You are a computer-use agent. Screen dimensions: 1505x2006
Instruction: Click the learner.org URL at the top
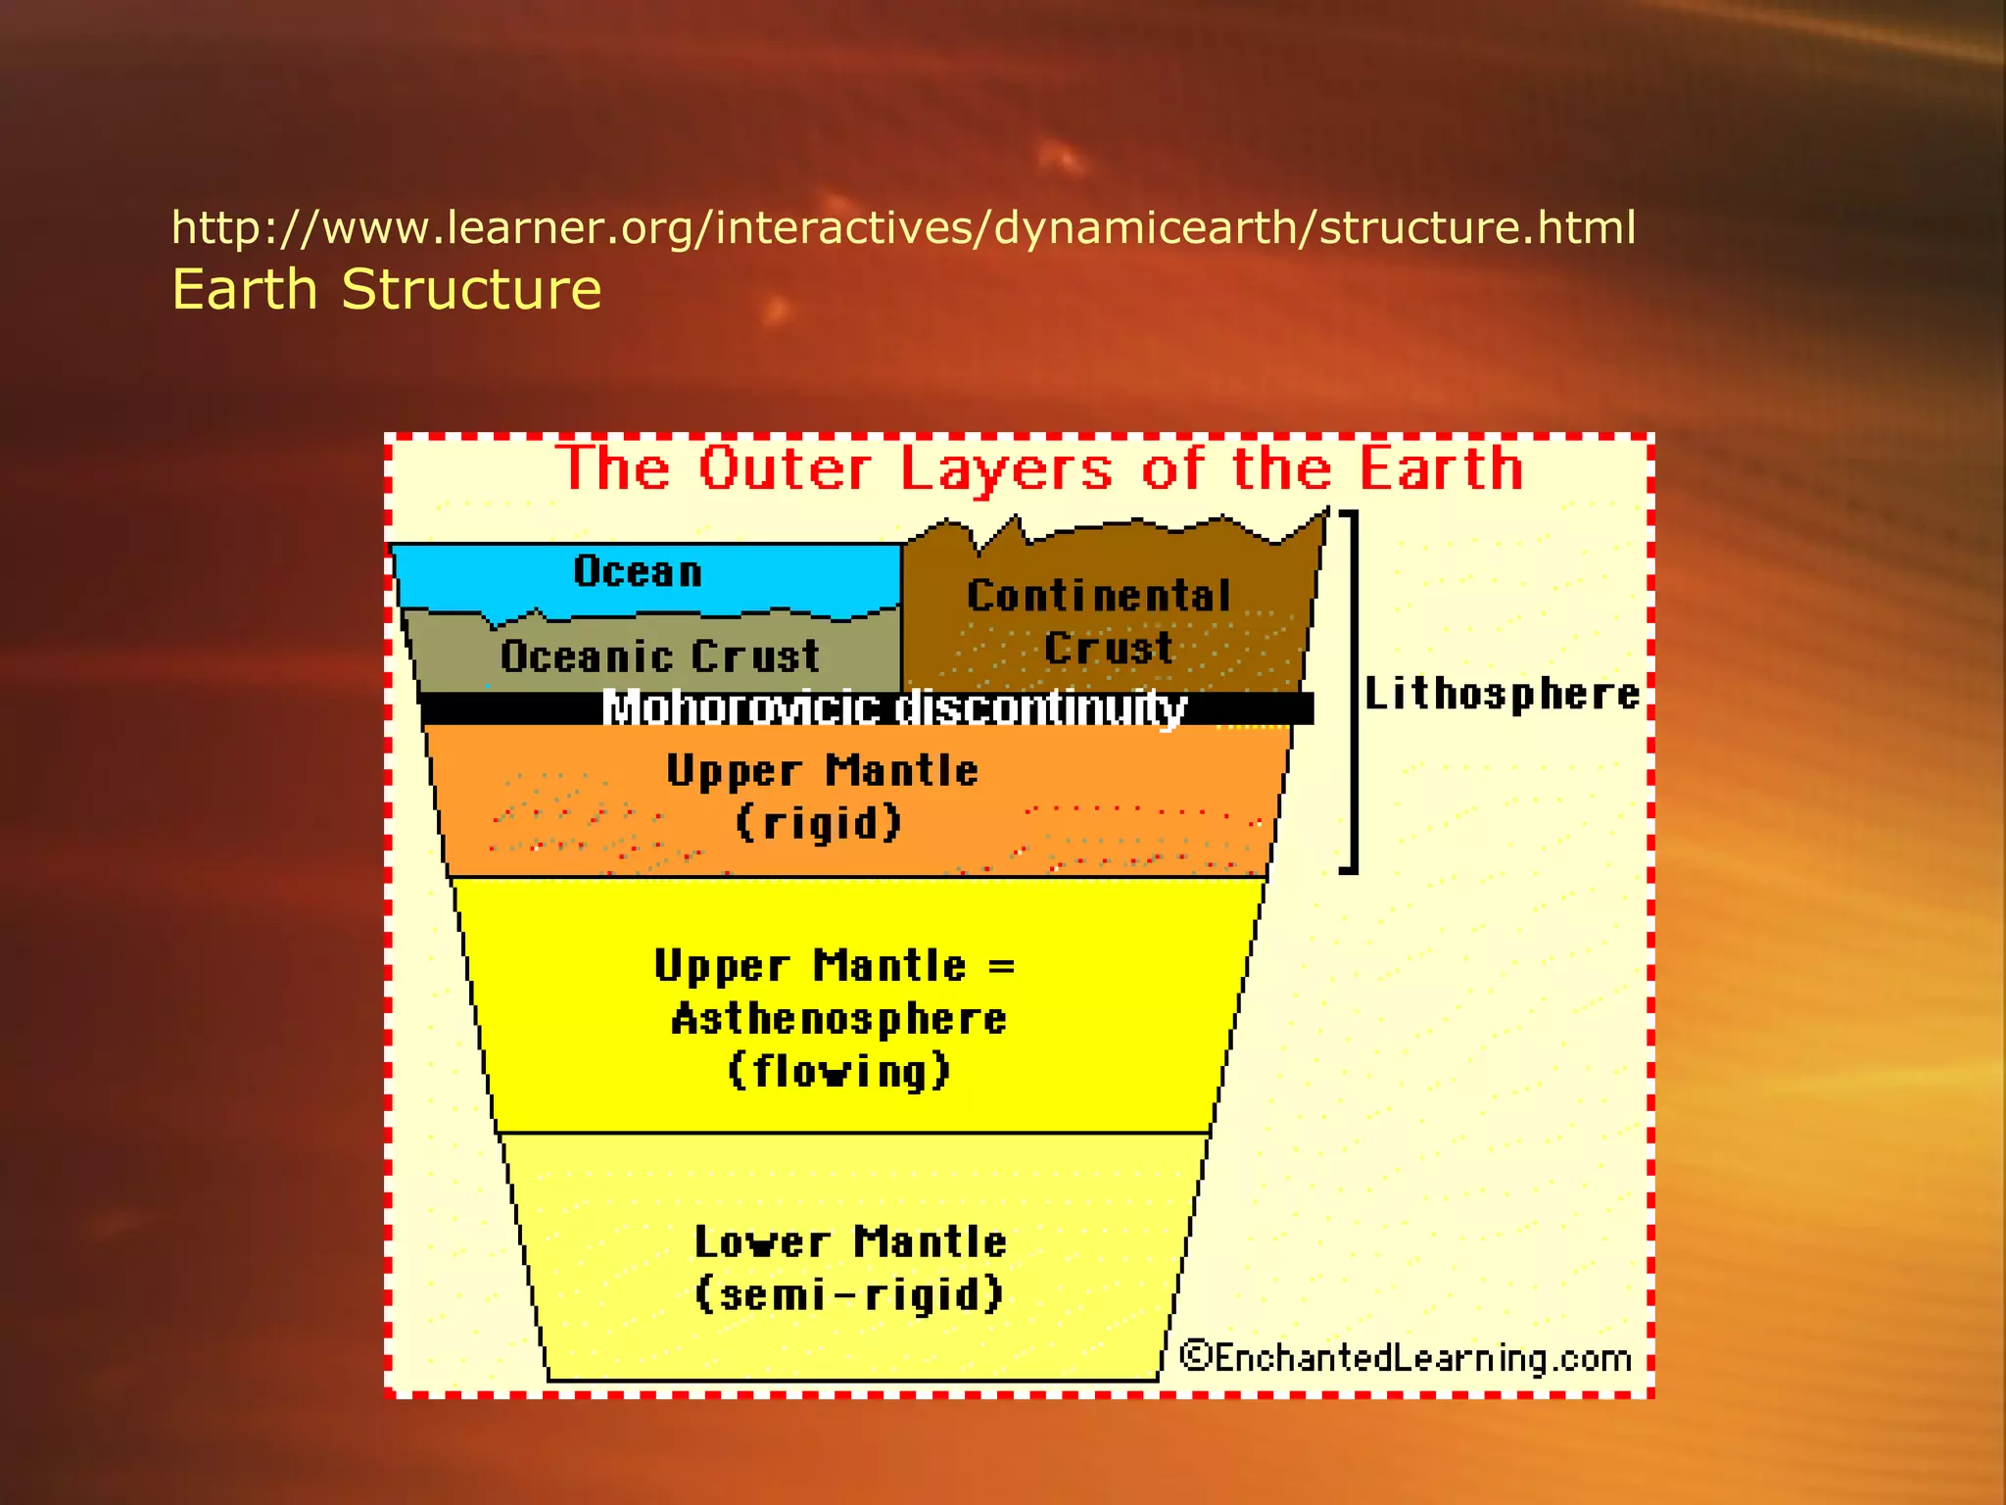pos(903,227)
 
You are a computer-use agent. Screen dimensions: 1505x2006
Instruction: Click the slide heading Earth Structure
pos(386,290)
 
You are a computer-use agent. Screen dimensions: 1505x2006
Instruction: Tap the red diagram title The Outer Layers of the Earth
pos(1040,468)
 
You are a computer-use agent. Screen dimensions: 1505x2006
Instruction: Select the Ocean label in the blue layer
pos(638,571)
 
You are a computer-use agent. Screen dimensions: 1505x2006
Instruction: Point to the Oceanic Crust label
pos(659,656)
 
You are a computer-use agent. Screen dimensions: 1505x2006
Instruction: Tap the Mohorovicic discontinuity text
pos(893,707)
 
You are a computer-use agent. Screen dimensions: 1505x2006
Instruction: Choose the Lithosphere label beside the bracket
pos(1502,694)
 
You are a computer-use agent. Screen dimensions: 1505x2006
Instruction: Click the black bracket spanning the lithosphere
pos(1354,690)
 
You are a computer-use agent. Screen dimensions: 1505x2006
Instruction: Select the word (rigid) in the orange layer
pos(819,823)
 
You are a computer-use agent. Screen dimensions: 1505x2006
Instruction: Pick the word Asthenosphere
pos(838,1019)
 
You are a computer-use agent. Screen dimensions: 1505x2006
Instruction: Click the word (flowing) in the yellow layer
pos(838,1071)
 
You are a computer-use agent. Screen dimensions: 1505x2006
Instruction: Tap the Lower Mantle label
pos(850,1242)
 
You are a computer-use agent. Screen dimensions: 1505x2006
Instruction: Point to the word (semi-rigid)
pos(849,1294)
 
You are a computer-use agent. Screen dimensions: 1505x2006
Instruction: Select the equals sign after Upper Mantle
pos(1001,966)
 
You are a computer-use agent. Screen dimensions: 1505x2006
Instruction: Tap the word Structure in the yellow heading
pos(471,290)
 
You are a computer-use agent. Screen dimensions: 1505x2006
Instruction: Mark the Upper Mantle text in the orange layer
pos(822,771)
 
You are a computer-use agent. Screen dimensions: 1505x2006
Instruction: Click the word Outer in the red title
pos(785,468)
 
